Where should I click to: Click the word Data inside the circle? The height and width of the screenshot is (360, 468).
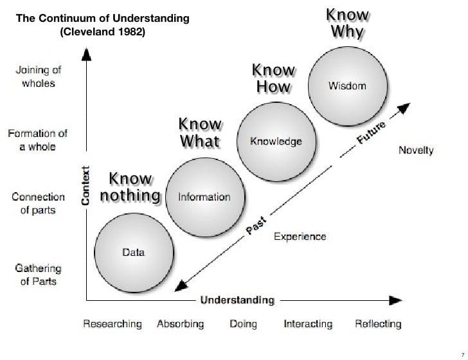tap(134, 253)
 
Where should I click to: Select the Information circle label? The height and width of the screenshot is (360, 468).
tap(204, 197)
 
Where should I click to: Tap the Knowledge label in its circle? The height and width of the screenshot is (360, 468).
tap(276, 141)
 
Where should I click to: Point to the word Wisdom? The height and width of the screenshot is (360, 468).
tap(347, 86)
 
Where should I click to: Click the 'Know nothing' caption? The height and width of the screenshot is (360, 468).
tap(130, 186)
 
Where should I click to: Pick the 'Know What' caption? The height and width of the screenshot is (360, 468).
tap(200, 132)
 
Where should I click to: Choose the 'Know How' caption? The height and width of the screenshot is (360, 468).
tap(273, 78)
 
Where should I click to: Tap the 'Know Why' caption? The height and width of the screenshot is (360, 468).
tap(347, 22)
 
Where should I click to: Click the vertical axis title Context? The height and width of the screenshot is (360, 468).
tap(84, 184)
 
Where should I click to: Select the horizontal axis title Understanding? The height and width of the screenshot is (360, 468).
tap(237, 300)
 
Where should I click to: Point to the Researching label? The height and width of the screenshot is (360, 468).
tap(113, 324)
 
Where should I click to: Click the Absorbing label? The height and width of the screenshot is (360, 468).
tap(180, 324)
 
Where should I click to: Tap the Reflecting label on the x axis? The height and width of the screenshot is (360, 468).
tap(378, 324)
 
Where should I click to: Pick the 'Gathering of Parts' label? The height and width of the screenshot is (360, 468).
tap(38, 274)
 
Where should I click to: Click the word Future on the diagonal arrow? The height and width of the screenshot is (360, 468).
tap(370, 132)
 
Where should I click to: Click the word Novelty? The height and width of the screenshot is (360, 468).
tap(416, 151)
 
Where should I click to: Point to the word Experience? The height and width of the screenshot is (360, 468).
tap(300, 237)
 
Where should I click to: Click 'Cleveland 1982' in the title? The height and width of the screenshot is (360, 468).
tap(103, 32)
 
